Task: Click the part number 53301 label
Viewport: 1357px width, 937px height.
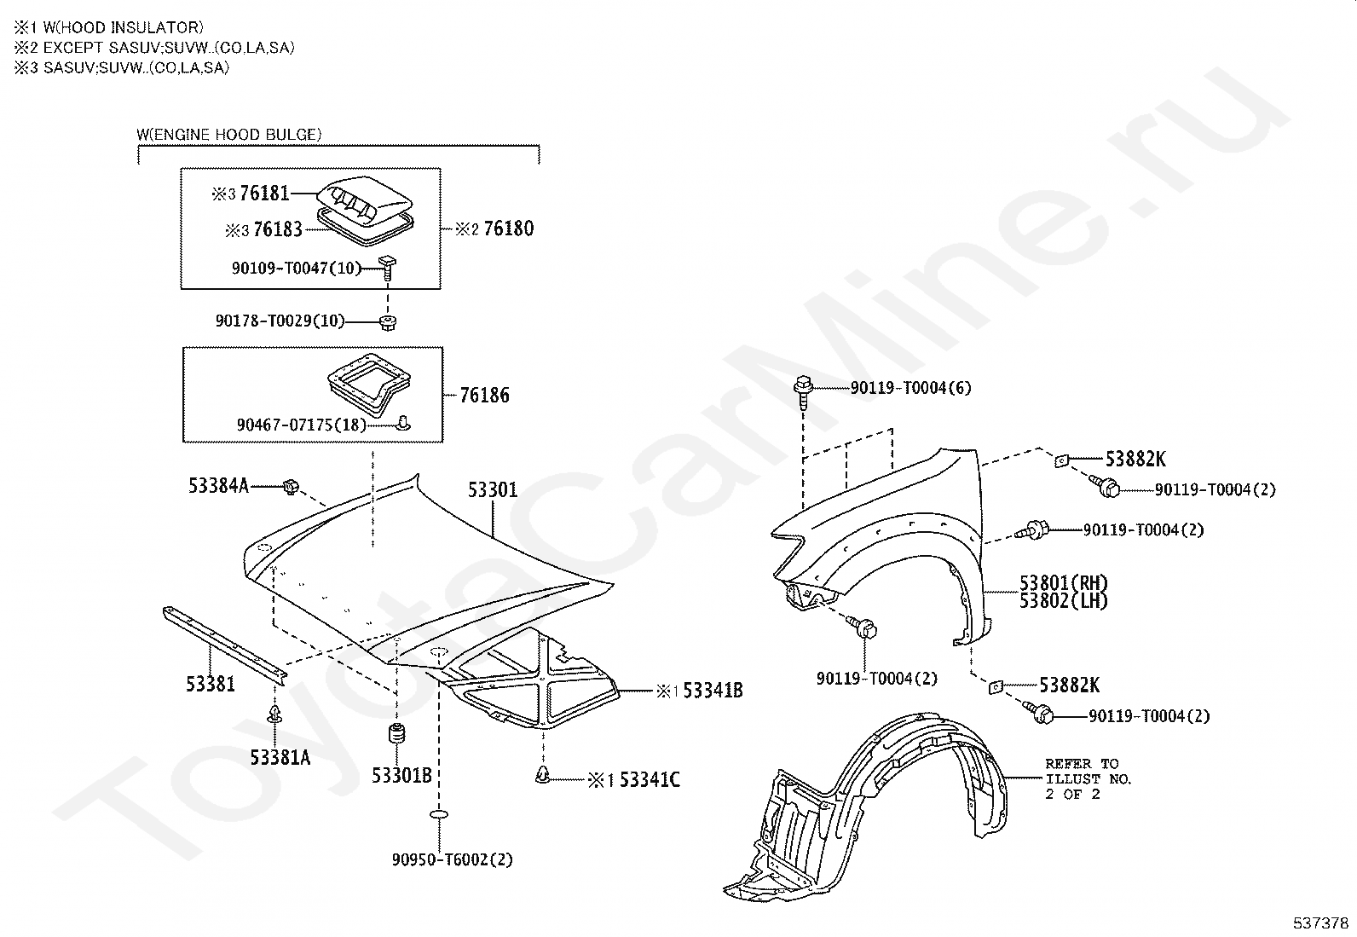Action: click(492, 490)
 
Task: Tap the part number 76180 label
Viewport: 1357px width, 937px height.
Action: click(508, 228)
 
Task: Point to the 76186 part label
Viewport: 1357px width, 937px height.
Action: click(484, 395)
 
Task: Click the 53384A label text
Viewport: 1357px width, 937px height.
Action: click(219, 486)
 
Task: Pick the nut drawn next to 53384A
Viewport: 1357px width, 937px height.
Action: click(291, 488)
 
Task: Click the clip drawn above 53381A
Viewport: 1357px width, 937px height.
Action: click(275, 714)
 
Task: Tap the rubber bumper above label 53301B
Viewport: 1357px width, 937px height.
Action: click(397, 735)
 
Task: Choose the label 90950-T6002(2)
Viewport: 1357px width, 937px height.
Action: click(452, 859)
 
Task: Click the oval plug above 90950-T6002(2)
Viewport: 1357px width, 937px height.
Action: click(440, 816)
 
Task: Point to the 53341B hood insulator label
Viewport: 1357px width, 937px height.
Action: click(713, 691)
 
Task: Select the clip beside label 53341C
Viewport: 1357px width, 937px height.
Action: click(542, 774)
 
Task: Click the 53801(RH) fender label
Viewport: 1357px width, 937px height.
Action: click(1064, 583)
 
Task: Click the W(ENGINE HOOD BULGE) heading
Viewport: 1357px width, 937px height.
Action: click(228, 134)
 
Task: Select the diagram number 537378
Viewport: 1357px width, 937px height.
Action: click(1320, 923)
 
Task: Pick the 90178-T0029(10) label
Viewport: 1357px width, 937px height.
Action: click(280, 321)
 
